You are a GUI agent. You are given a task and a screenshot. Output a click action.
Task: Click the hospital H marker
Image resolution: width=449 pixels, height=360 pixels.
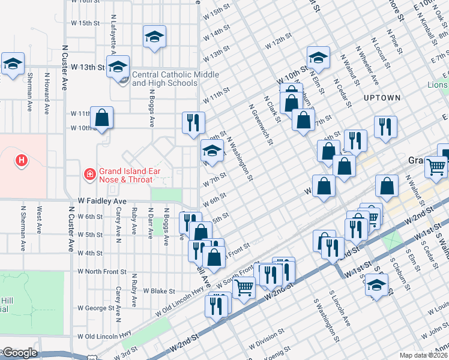pyautogui.click(x=22, y=160)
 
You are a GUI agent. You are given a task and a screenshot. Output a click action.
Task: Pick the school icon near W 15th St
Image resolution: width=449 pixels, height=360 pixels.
pyautogui.click(x=154, y=38)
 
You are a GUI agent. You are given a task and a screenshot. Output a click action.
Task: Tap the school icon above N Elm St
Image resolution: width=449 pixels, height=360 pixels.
pyautogui.click(x=318, y=58)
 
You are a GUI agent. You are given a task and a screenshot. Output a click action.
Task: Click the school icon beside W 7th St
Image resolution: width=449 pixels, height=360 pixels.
pyautogui.click(x=212, y=151)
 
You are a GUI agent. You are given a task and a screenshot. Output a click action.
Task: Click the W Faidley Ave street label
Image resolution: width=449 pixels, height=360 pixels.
pyautogui.click(x=103, y=201)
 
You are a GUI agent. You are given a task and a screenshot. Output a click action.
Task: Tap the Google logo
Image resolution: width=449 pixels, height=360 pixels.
pyautogui.click(x=20, y=353)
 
